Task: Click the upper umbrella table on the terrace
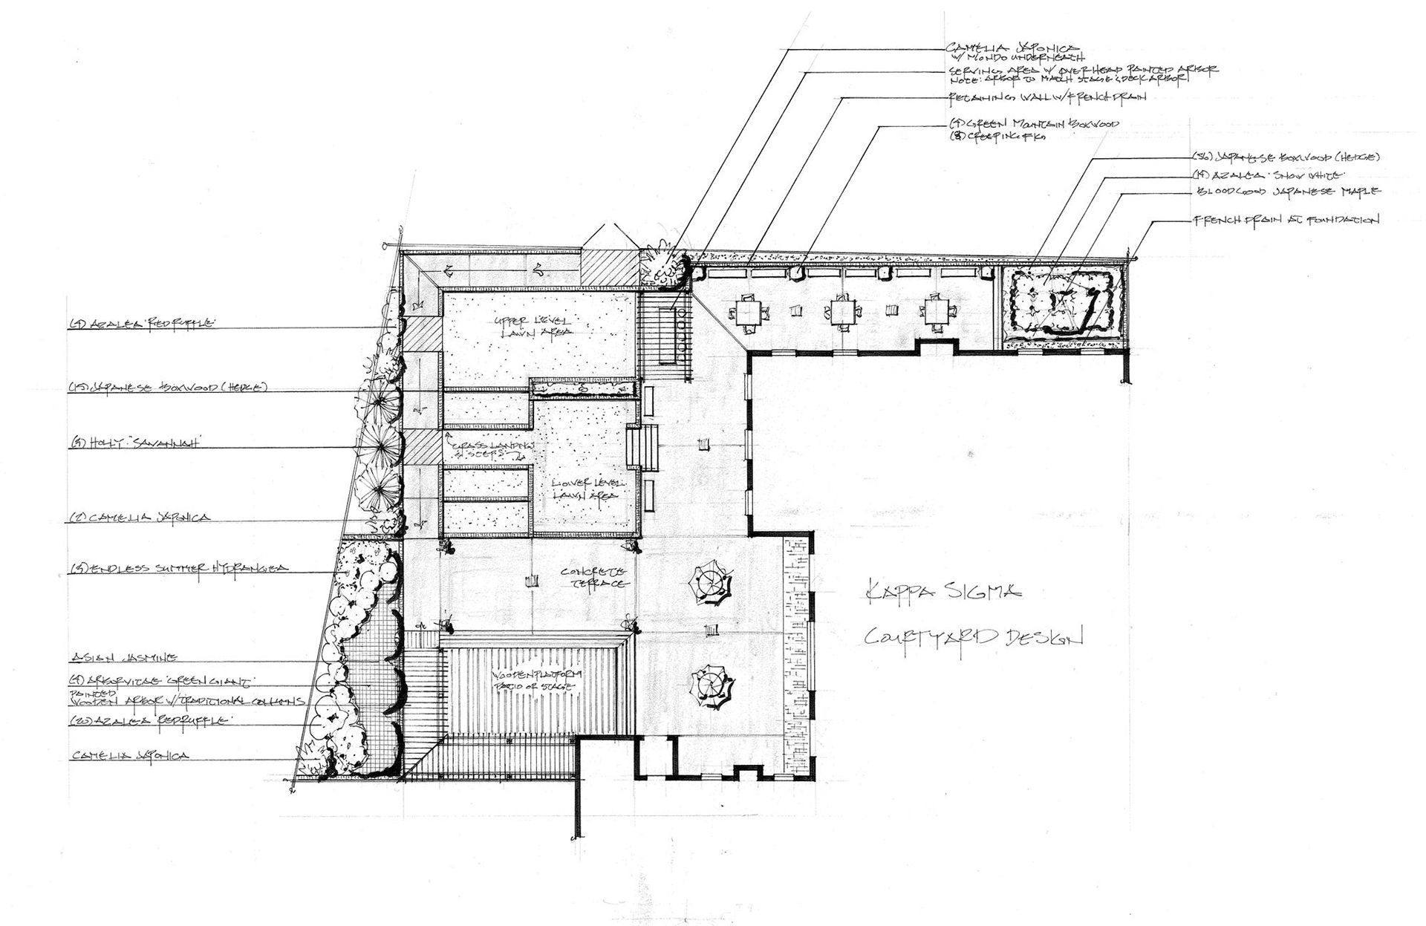[x=711, y=583]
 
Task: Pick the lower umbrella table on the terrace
[x=712, y=684]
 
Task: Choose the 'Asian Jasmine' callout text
[x=125, y=657]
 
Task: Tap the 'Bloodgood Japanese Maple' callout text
[x=1286, y=192]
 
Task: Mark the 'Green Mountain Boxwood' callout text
[x=1034, y=124]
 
